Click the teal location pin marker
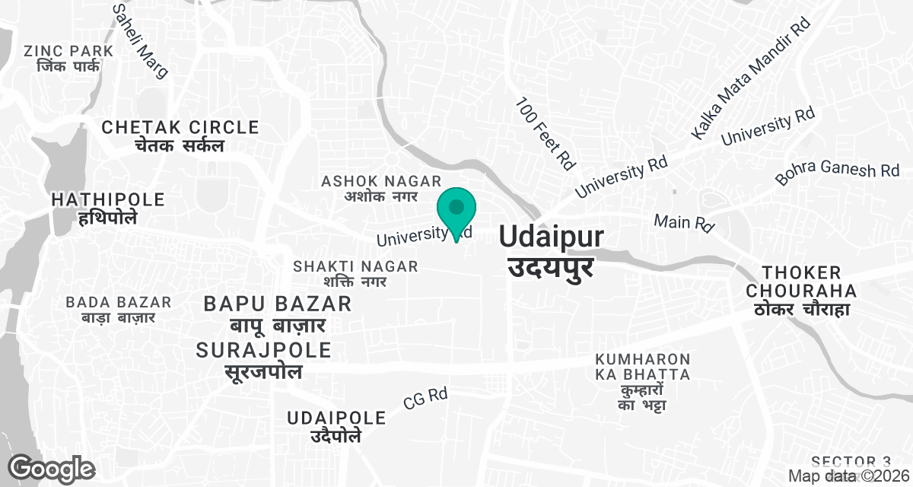[456, 210]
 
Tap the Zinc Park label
[68, 59]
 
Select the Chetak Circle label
[180, 135]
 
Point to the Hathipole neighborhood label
[108, 208]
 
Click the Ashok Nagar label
[381, 188]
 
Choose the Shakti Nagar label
[355, 273]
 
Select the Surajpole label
[264, 361]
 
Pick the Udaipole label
[336, 426]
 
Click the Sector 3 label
[851, 462]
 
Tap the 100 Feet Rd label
[546, 132]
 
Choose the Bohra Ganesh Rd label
[837, 173]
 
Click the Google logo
[52, 467]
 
